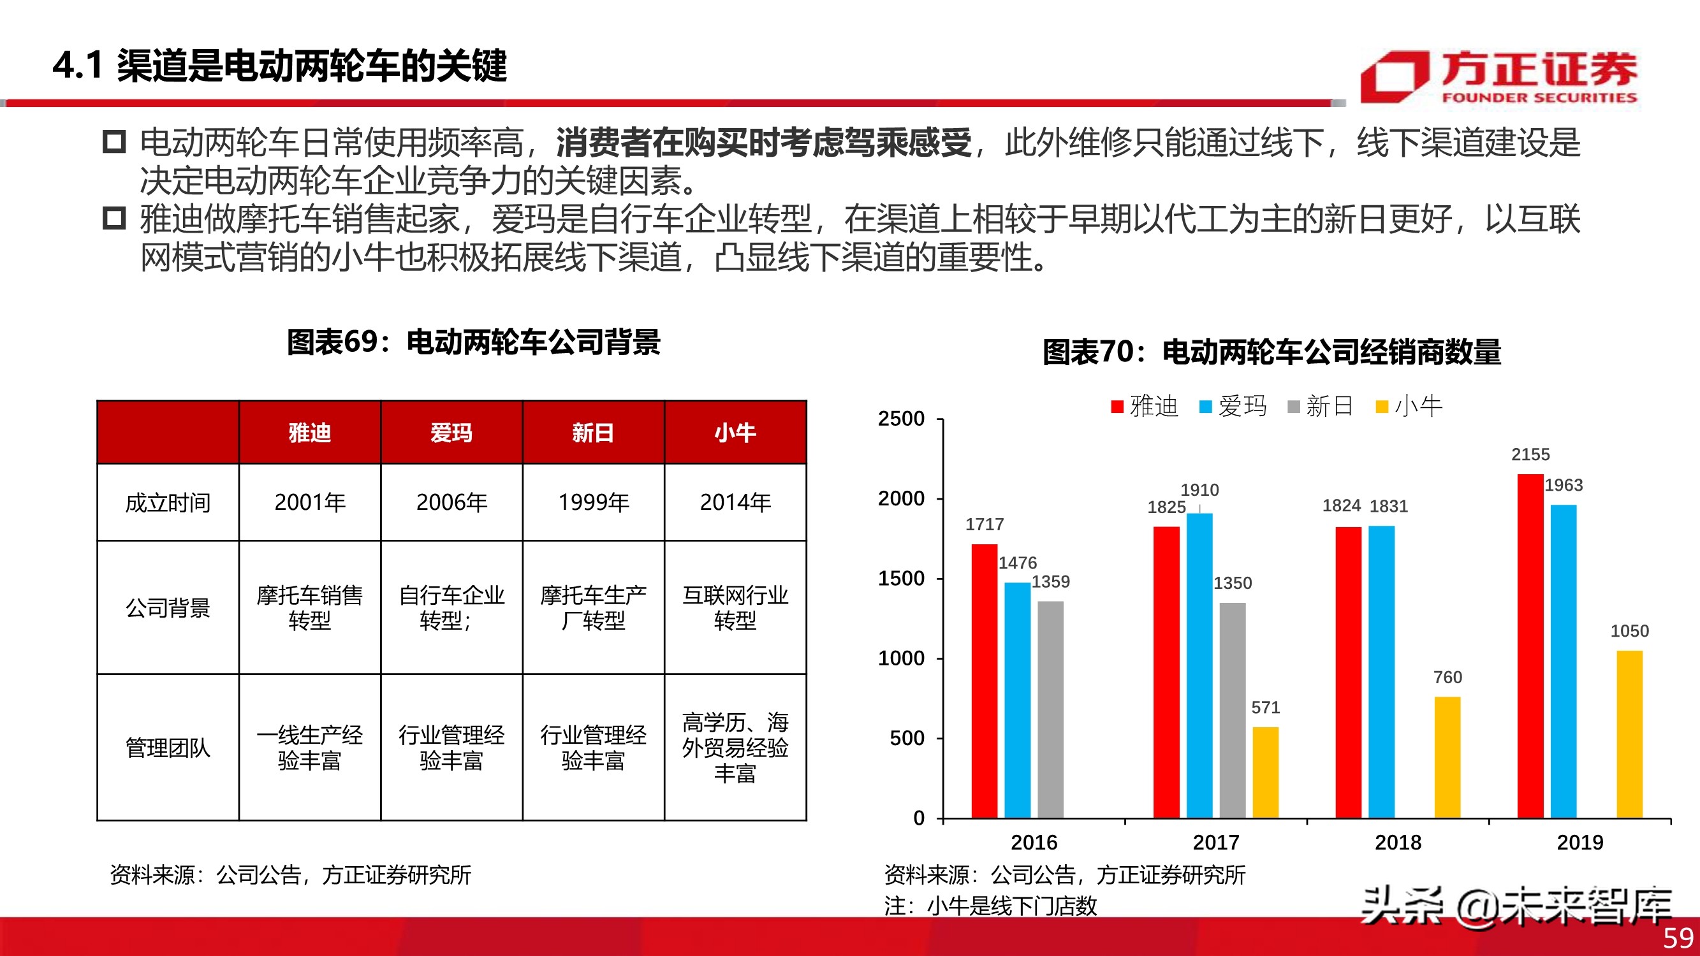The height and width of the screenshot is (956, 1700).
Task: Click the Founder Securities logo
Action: click(x=1498, y=77)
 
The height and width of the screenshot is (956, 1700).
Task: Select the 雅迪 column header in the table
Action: click(x=309, y=433)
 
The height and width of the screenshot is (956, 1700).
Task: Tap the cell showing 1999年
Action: click(x=593, y=502)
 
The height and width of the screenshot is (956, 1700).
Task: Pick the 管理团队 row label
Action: click(x=168, y=748)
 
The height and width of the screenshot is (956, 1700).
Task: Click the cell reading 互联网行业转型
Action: click(x=735, y=607)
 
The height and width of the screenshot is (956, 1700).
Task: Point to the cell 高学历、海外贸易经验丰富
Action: click(x=735, y=748)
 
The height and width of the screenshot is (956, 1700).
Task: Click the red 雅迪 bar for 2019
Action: click(x=1530, y=646)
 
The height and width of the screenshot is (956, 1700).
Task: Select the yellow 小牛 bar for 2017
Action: click(x=1265, y=772)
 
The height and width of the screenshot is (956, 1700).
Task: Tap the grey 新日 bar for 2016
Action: click(x=1050, y=709)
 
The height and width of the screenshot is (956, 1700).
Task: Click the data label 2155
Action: click(x=1530, y=454)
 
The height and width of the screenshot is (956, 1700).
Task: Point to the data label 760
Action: click(x=1447, y=677)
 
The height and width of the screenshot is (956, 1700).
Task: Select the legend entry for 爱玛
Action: click(x=1233, y=406)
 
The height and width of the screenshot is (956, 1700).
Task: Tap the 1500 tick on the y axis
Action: click(x=901, y=579)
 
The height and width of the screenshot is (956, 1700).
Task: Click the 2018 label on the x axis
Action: click(x=1398, y=843)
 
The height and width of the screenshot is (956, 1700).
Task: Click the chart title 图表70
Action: click(x=1271, y=352)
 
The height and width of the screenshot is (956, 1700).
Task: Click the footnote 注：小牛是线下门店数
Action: click(x=990, y=906)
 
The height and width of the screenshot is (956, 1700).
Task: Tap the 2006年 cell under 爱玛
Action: click(x=451, y=502)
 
